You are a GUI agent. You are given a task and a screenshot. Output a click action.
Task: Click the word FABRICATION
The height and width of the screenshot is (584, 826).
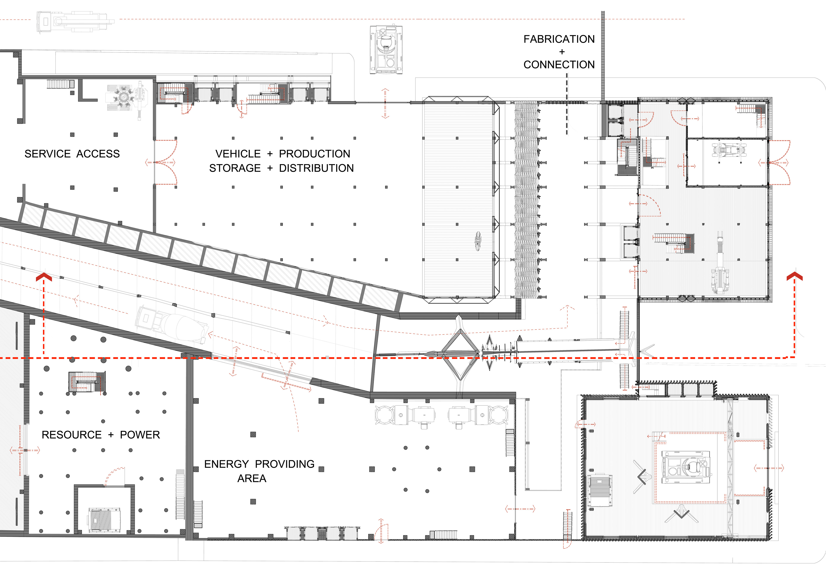559,39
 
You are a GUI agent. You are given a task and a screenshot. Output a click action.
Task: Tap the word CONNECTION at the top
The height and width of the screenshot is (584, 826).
559,65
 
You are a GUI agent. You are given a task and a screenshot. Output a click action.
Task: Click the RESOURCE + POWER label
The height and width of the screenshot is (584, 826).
101,435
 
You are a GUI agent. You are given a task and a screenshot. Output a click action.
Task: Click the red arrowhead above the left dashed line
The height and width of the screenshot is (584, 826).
44,276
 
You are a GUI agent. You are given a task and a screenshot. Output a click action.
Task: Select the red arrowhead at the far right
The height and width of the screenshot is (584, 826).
795,276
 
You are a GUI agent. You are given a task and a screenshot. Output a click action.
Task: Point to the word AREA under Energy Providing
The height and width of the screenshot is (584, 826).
252,479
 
